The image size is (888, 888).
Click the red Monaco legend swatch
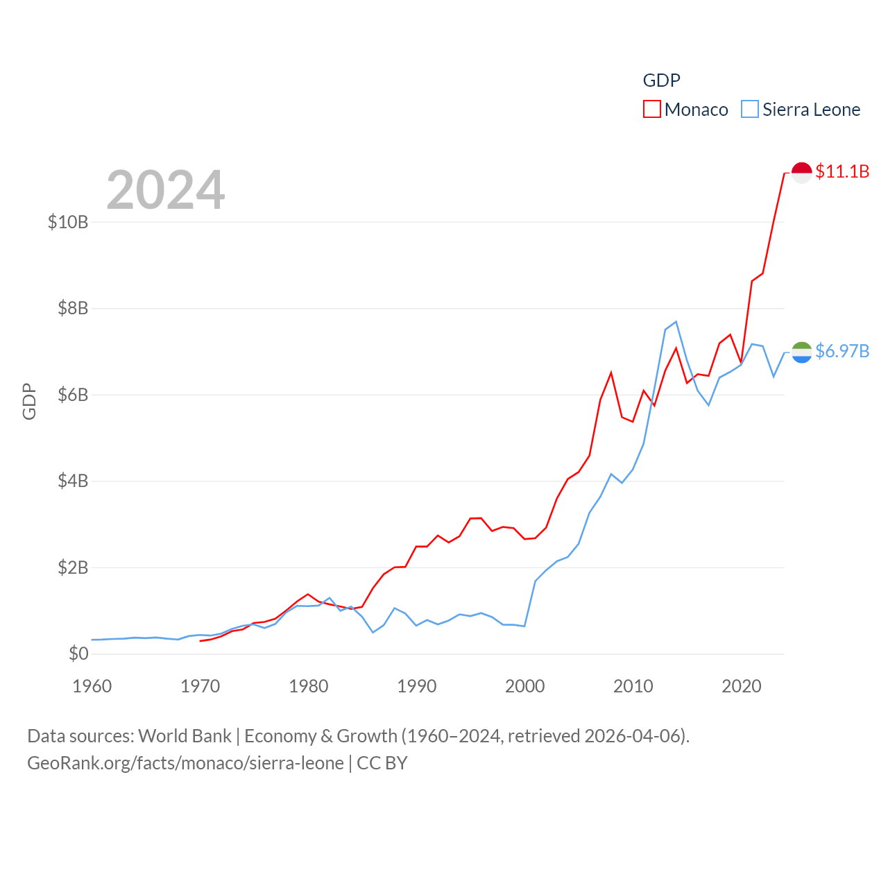(x=651, y=110)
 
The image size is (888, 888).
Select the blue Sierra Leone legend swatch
(x=750, y=110)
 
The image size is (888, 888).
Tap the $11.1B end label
(x=842, y=171)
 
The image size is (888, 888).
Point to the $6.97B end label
(x=842, y=351)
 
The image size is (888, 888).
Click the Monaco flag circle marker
(x=801, y=172)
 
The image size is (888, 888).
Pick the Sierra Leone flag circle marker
(x=801, y=352)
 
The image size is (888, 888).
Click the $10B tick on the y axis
(x=68, y=222)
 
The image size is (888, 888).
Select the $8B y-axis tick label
(x=73, y=308)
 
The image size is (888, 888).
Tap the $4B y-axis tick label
(x=73, y=481)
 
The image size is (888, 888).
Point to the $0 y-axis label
(x=78, y=654)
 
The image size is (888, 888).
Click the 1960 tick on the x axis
(x=92, y=686)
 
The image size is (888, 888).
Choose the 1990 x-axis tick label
(x=417, y=686)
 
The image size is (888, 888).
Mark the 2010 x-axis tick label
(x=633, y=686)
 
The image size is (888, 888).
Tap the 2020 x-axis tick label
(x=742, y=686)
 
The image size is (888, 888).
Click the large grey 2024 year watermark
(x=166, y=189)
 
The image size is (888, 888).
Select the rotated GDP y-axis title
(x=29, y=401)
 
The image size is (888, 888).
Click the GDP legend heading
(x=662, y=80)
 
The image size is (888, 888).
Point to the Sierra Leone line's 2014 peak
(x=676, y=321)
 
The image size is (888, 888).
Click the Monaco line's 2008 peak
(x=611, y=373)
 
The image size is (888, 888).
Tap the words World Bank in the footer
(x=185, y=735)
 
